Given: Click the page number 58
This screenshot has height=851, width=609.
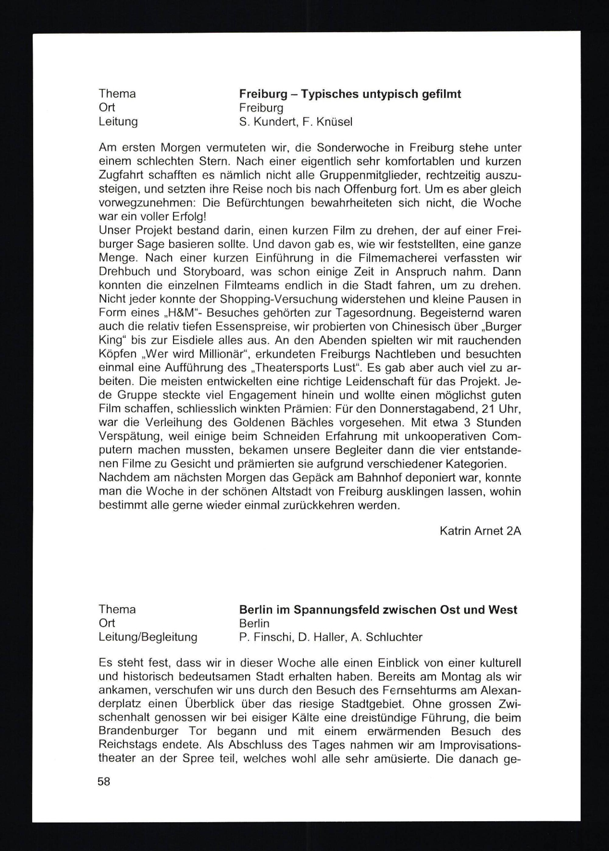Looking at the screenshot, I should point(104,781).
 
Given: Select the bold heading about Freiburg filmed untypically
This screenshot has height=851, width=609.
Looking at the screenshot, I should point(350,94).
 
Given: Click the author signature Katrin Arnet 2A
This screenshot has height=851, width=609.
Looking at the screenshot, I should point(480,531).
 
